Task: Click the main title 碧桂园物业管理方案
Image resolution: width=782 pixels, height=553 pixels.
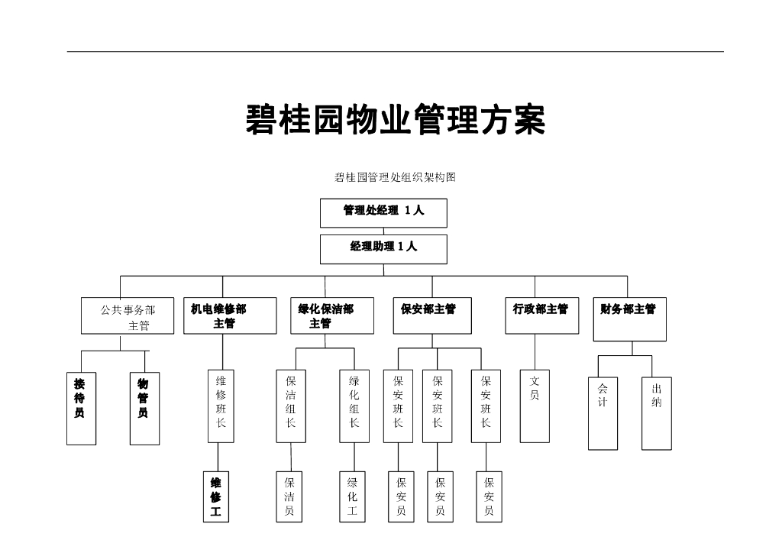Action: click(x=395, y=120)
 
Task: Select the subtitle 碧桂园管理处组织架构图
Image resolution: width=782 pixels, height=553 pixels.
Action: click(x=395, y=177)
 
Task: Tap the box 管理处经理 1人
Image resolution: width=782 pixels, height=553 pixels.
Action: click(x=383, y=212)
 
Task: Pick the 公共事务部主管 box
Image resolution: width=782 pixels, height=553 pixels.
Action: click(x=128, y=316)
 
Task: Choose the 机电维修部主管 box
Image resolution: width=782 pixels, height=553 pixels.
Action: click(x=230, y=316)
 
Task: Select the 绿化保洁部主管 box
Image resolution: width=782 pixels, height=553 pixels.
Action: click(x=332, y=316)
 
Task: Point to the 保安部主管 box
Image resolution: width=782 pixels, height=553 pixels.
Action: click(x=432, y=316)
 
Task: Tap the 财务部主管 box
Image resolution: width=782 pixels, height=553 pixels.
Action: click(x=629, y=319)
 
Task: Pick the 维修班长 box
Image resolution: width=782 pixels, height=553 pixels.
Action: click(x=221, y=406)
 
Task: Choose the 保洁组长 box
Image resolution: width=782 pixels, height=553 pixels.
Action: click(x=291, y=406)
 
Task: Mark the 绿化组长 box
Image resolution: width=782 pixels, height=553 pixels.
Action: click(x=354, y=406)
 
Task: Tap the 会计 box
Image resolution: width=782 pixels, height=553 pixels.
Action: click(x=603, y=413)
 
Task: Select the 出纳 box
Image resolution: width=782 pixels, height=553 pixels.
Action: click(x=657, y=413)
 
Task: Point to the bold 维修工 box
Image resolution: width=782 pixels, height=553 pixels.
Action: click(x=216, y=497)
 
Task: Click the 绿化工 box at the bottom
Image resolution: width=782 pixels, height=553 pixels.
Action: click(x=353, y=497)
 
